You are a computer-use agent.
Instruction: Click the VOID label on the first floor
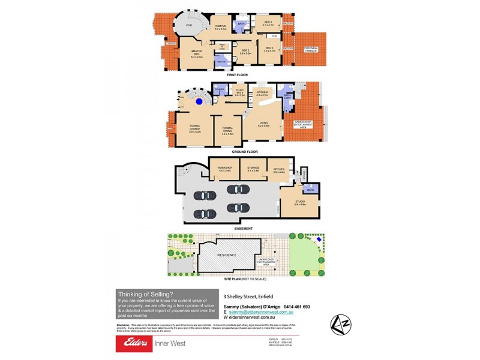tap(189, 26)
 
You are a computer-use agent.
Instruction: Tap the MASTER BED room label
tap(196, 53)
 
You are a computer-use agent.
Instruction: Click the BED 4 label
tap(268, 23)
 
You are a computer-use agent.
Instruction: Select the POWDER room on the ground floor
tap(218, 90)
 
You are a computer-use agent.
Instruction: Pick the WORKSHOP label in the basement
tap(224, 169)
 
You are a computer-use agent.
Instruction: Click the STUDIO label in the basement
tap(300, 203)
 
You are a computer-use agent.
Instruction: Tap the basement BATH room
tap(311, 190)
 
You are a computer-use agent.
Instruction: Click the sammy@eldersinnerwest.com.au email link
tap(259, 312)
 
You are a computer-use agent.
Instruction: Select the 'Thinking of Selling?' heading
tap(145, 293)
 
